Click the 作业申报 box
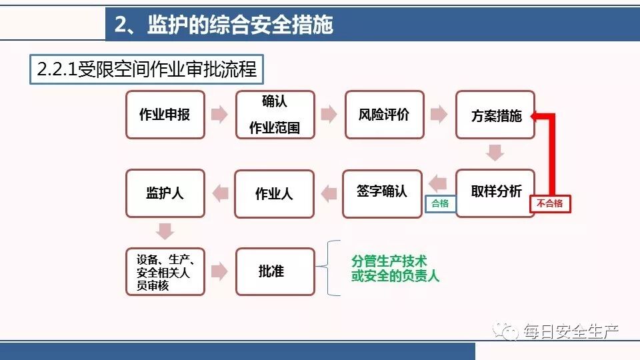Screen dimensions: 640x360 (x=165, y=115)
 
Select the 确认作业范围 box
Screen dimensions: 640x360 (x=275, y=115)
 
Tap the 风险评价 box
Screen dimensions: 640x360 (x=384, y=115)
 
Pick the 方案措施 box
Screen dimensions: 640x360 (x=495, y=115)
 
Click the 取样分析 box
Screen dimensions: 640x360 (x=495, y=193)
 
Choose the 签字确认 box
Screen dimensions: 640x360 (x=382, y=193)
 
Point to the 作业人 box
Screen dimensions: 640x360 (x=274, y=193)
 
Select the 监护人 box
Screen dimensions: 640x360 (x=165, y=193)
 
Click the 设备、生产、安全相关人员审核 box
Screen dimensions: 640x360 (x=165, y=271)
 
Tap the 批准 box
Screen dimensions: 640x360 (x=275, y=271)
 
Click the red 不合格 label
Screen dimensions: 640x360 (x=550, y=204)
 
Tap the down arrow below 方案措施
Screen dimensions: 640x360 (x=495, y=153)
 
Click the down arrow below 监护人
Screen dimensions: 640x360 (x=165, y=231)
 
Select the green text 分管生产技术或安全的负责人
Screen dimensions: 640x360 (x=395, y=269)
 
